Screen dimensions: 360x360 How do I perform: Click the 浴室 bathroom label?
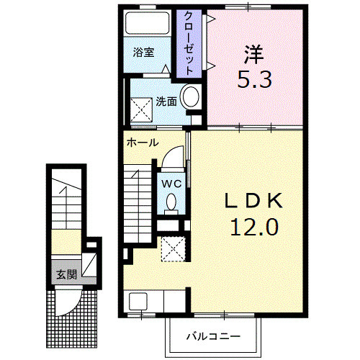click(x=143, y=53)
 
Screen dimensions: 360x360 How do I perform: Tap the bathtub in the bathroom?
click(x=148, y=24)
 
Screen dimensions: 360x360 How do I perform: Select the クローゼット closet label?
click(x=189, y=43)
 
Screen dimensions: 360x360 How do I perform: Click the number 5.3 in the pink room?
click(x=254, y=79)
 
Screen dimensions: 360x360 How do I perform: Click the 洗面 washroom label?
click(x=166, y=102)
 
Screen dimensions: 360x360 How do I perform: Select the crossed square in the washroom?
click(x=142, y=110)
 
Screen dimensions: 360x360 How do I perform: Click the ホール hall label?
click(x=143, y=143)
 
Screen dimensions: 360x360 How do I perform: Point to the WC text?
click(x=171, y=184)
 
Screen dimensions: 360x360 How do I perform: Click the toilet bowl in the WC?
click(x=171, y=202)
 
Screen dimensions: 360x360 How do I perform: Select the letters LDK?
click(x=253, y=200)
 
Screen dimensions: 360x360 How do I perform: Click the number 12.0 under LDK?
click(x=254, y=228)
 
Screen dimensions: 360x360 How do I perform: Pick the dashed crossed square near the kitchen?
click(x=174, y=249)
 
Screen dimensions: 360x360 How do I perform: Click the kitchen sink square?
click(x=138, y=301)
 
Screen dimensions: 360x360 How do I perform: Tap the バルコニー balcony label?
click(x=213, y=336)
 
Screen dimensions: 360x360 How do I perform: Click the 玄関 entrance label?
click(x=66, y=274)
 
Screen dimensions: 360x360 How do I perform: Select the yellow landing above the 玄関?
click(x=66, y=242)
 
